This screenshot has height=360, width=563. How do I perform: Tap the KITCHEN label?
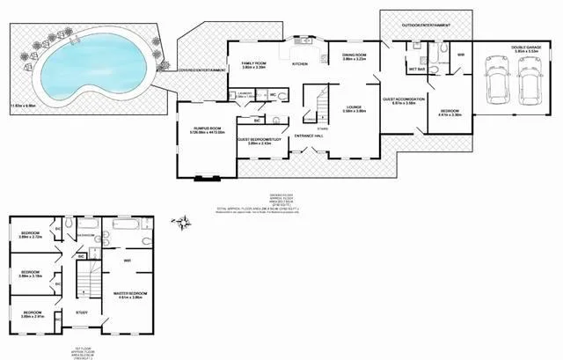point(299,64)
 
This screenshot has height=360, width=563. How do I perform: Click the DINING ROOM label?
point(354,55)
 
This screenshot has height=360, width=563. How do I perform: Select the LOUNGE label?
point(342,108)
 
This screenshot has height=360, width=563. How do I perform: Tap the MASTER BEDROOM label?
point(130,293)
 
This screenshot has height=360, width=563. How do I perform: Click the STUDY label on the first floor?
point(81,312)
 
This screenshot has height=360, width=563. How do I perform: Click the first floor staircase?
point(84,282)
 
